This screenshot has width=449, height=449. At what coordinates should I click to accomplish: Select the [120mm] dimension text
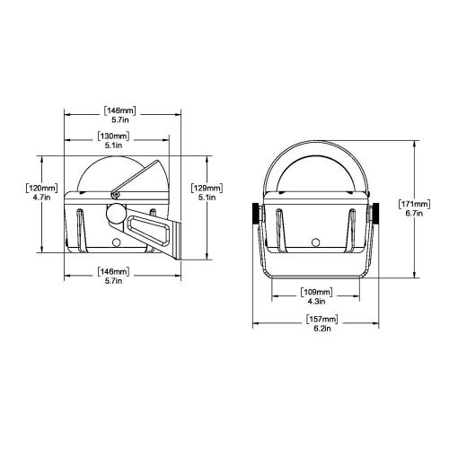(41, 189)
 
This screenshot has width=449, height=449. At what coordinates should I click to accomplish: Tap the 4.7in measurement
(41, 201)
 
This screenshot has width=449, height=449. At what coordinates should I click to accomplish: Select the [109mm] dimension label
(315, 292)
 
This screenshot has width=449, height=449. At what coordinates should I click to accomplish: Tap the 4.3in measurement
(315, 304)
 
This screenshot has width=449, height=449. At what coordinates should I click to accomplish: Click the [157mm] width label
(315, 319)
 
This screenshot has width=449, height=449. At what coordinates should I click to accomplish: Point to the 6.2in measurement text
(315, 330)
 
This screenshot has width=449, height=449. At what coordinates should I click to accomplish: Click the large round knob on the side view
(115, 216)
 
